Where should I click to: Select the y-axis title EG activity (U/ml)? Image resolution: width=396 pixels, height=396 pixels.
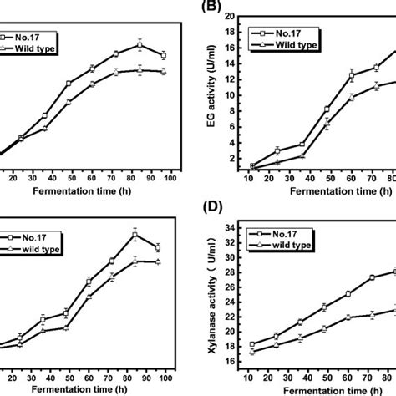coord(220,94)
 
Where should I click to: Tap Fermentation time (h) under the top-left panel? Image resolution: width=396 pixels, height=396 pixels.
coord(81,190)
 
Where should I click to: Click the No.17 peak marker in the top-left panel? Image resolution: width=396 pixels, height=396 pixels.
coord(140,44)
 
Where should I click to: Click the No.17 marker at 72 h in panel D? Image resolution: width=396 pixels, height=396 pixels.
coord(372,277)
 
